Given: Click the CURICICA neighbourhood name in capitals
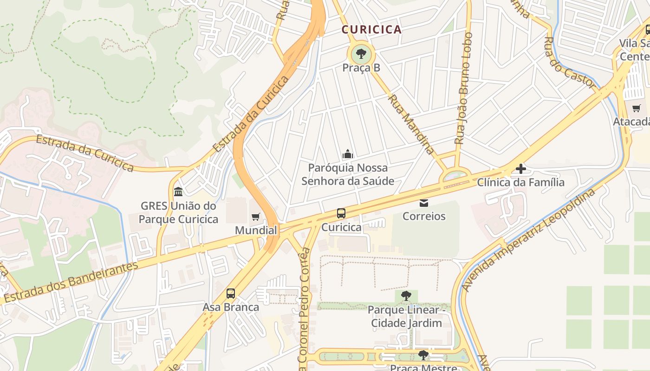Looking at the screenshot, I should (371, 30).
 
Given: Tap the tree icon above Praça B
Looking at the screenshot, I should (361, 54).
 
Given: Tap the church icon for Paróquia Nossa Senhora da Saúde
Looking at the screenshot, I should (347, 154).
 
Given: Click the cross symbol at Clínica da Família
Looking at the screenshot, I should (520, 169).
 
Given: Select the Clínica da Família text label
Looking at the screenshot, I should (520, 182).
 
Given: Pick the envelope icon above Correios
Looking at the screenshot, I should (423, 203).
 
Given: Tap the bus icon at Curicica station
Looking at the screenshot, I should (341, 213).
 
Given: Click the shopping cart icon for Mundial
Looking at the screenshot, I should (255, 217).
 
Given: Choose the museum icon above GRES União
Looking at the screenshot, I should (178, 192).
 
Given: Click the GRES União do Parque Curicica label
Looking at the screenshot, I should (178, 212).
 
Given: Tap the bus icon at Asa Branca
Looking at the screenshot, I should (231, 294).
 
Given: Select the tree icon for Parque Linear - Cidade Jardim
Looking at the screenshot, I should (406, 295).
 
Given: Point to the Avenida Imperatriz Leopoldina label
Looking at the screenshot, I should (528, 240).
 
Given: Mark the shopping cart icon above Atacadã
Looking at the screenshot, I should (636, 109).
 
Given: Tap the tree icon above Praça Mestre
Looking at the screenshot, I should (423, 356).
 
